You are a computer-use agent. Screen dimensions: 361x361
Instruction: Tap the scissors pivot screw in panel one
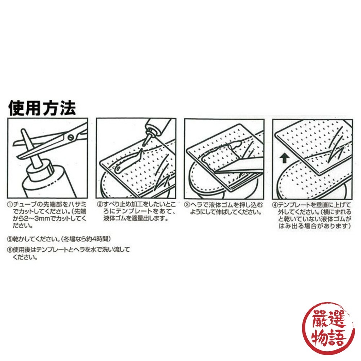(x=71, y=136)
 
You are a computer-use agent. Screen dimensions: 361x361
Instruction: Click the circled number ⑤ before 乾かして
(x=9, y=239)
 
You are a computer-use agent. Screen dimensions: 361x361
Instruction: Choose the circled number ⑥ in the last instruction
(x=9, y=249)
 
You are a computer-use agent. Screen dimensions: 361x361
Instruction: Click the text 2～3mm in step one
(x=33, y=219)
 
